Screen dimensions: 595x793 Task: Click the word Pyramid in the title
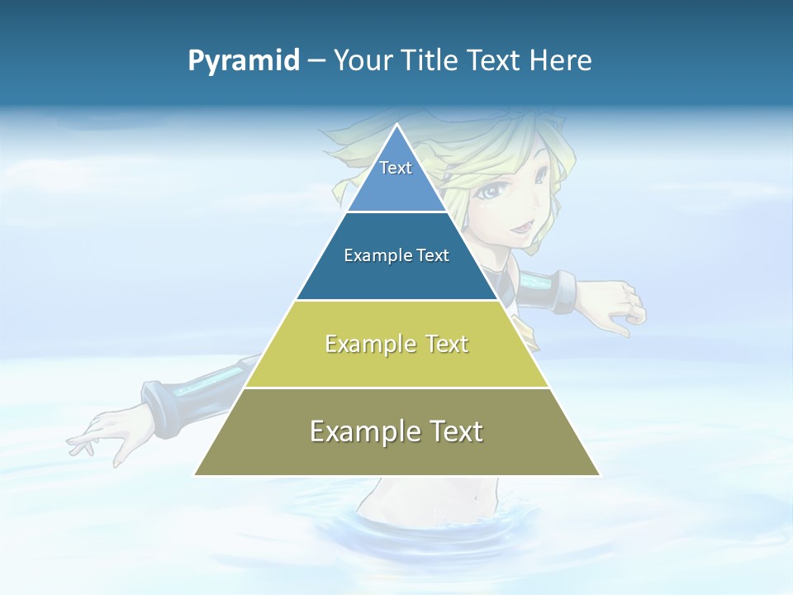244,61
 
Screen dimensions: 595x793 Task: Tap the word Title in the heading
434,61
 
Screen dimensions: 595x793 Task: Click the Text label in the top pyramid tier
396,168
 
